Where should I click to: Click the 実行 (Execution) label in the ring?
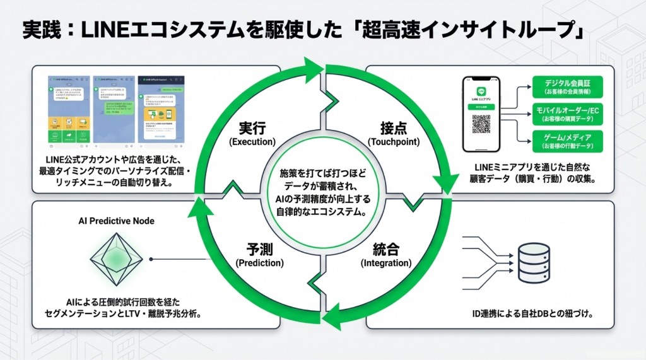[252, 134]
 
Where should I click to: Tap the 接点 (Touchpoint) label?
[393, 134]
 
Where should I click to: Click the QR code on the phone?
[481, 124]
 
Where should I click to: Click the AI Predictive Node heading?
[117, 221]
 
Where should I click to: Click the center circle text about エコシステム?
[322, 192]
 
